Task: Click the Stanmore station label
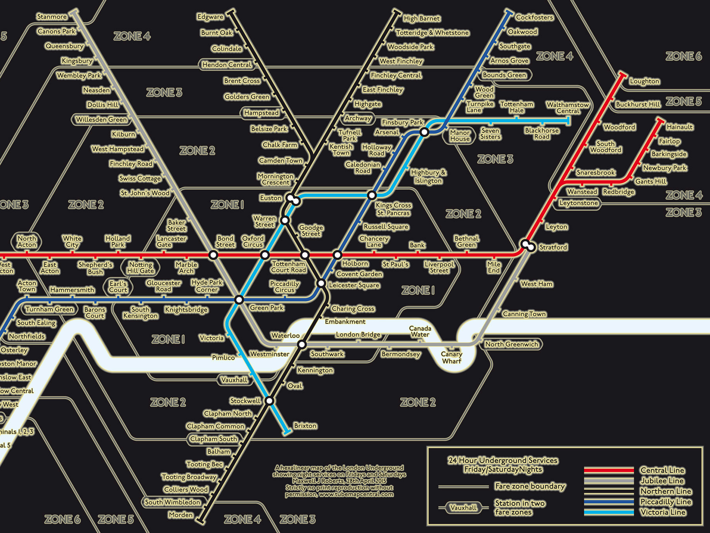(52, 17)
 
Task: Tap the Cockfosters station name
(534, 17)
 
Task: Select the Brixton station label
(305, 426)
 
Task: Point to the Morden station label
(181, 515)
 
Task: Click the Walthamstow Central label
(568, 108)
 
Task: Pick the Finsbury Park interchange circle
(424, 132)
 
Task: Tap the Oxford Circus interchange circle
(265, 255)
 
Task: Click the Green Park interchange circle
(239, 299)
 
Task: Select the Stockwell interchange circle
(269, 401)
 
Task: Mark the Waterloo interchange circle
(302, 345)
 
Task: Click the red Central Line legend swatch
(609, 470)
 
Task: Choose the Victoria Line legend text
(663, 512)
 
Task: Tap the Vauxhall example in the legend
(463, 508)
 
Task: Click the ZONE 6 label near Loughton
(683, 56)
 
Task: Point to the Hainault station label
(679, 127)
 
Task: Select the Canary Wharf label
(451, 357)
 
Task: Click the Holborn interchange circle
(337, 255)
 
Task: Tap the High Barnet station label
(422, 18)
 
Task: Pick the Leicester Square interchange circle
(321, 284)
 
